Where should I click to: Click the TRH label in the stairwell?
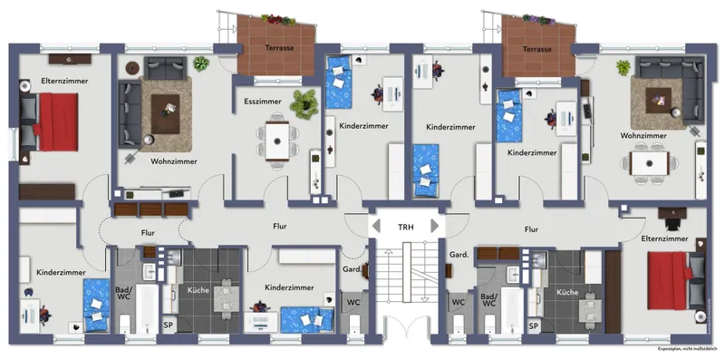[x=405, y=227]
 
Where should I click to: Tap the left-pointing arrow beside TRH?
[x=376, y=226]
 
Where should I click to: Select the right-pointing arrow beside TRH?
[x=434, y=226]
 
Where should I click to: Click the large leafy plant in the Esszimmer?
[x=304, y=103]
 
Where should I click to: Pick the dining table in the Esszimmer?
[x=277, y=141]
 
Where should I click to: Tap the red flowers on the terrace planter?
[x=276, y=19]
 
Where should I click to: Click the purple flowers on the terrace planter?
[x=538, y=19]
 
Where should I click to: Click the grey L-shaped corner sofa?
[x=670, y=85]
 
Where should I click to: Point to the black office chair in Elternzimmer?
[x=672, y=223]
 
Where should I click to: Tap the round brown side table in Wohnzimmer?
[x=132, y=68]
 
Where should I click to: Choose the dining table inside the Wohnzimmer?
[x=649, y=163]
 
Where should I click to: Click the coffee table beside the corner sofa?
[x=659, y=101]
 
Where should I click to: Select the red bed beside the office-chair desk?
[x=670, y=280]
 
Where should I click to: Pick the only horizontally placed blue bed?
[x=307, y=320]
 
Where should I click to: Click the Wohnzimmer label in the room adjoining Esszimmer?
[x=174, y=162]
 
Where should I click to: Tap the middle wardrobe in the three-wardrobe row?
[x=150, y=209]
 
